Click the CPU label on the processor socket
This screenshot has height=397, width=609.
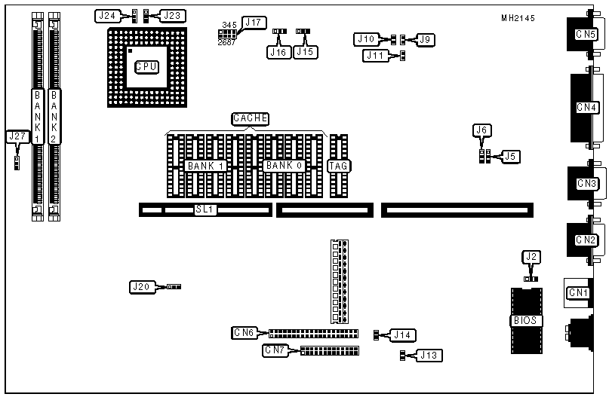click(x=146, y=67)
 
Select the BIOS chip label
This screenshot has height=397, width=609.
click(x=525, y=320)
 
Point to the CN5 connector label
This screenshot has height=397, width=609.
click(x=586, y=34)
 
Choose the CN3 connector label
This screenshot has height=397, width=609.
click(x=586, y=183)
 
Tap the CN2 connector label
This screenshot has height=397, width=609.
click(x=586, y=240)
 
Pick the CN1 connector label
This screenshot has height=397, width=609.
click(x=578, y=292)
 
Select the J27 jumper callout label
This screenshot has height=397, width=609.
click(x=17, y=136)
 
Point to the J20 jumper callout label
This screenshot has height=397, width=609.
click(x=141, y=286)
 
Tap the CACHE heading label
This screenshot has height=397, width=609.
click(x=250, y=118)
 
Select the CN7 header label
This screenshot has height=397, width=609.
click(x=275, y=350)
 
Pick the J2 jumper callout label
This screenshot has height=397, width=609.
click(x=532, y=258)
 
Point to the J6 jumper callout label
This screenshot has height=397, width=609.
click(x=482, y=130)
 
